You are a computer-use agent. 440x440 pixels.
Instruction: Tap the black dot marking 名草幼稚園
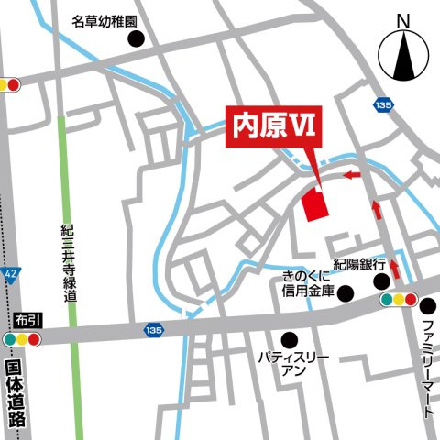[x=137, y=38]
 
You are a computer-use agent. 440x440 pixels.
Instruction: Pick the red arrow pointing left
[x=352, y=173]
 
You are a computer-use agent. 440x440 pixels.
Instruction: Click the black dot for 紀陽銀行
[x=380, y=280]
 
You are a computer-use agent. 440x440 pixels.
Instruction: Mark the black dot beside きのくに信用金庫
[x=346, y=292]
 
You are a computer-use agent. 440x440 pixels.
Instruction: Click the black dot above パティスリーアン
[x=291, y=337]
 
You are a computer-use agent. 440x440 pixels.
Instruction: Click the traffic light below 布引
[x=23, y=339]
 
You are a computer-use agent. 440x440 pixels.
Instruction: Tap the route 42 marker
[x=9, y=273]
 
